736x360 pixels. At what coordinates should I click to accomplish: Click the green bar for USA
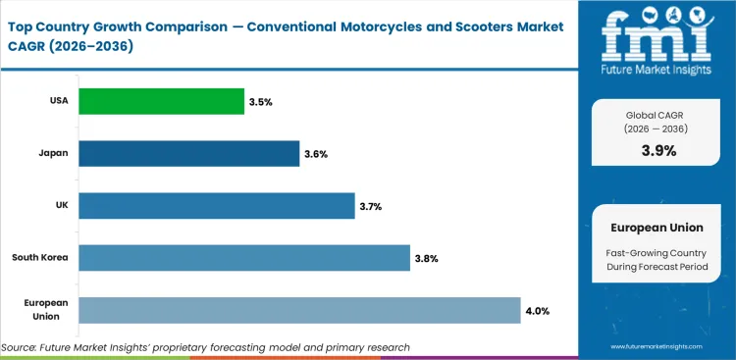point(161,101)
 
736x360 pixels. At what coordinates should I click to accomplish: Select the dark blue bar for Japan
point(188,153)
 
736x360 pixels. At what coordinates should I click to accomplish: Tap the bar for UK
point(216,206)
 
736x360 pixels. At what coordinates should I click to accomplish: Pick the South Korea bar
point(243,258)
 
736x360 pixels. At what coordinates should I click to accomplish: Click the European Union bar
point(299,310)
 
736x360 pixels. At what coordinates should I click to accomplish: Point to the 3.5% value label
point(262,101)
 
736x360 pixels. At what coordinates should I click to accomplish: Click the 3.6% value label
point(317,154)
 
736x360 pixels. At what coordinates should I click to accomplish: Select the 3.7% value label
point(372,206)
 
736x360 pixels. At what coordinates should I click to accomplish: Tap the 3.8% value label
point(427,259)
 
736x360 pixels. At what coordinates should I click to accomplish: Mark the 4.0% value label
point(538,311)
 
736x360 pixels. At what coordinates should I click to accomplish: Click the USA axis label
point(59,101)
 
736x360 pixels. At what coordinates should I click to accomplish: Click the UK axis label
point(62,206)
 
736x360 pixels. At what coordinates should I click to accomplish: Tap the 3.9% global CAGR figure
point(659,151)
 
